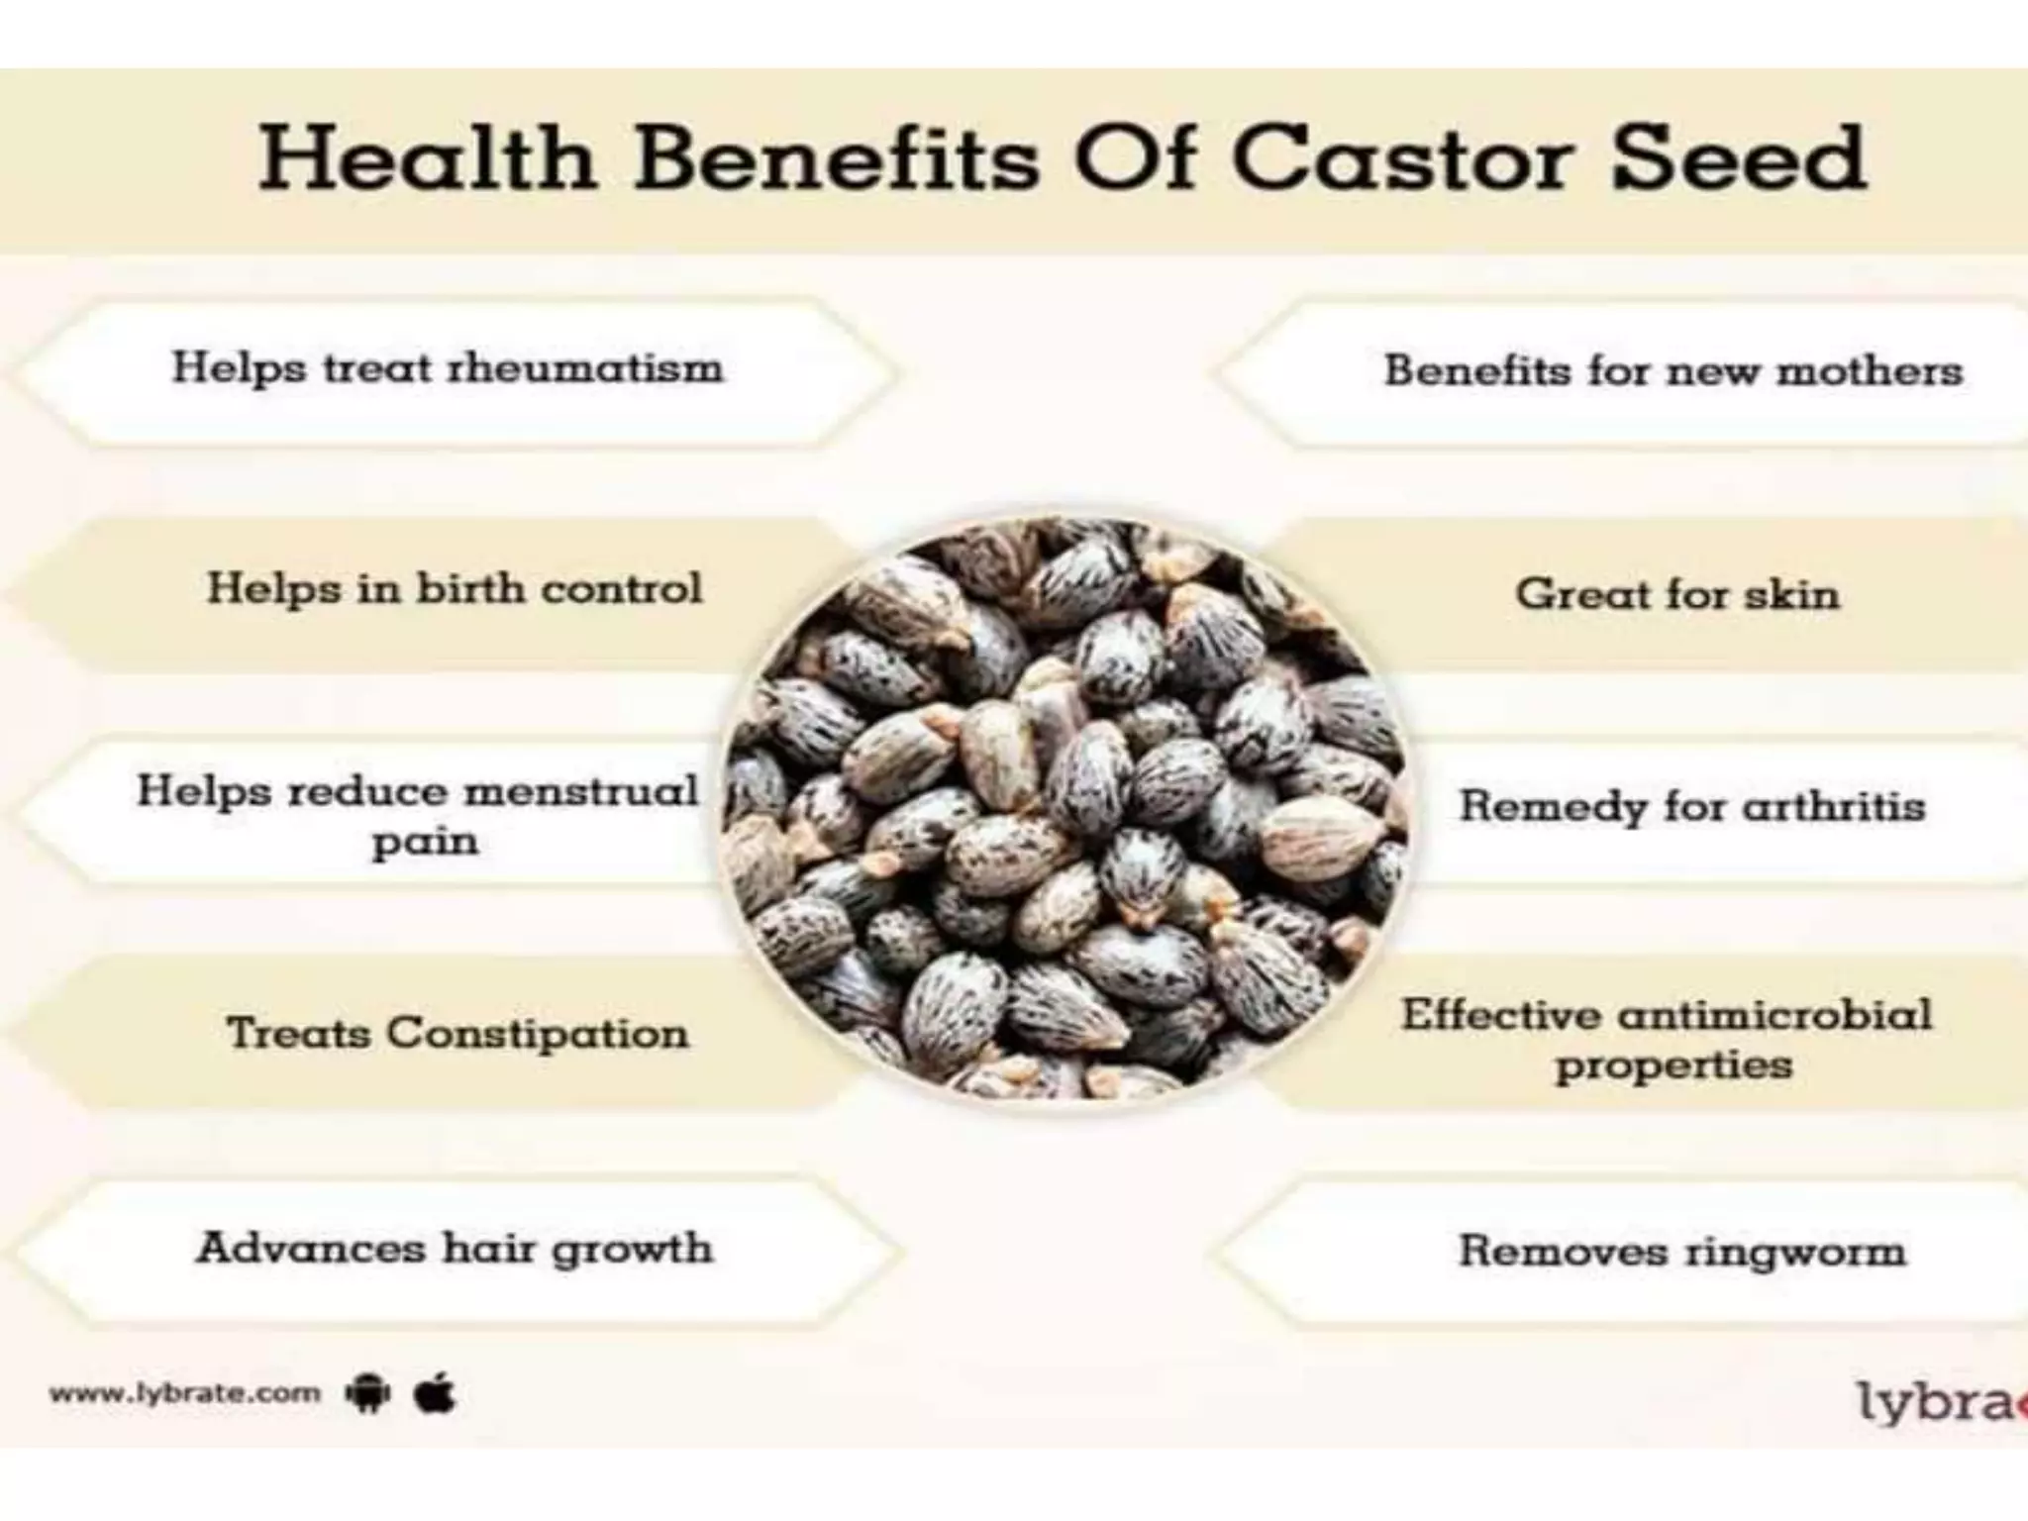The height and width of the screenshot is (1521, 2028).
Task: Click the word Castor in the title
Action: (x=1403, y=158)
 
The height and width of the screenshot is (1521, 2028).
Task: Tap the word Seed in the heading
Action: (x=1739, y=158)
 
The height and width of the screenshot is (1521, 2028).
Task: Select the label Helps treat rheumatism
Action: (x=448, y=369)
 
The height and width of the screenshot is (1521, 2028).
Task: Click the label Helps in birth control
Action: (x=455, y=589)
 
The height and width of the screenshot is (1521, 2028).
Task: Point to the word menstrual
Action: (x=581, y=792)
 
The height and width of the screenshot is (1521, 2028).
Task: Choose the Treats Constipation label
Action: (x=457, y=1034)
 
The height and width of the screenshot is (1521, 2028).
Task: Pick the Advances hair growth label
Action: (x=455, y=1249)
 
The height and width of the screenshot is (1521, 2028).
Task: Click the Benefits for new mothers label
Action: (x=1673, y=371)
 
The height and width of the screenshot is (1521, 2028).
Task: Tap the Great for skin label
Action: (x=1676, y=594)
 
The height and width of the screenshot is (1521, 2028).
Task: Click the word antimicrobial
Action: (x=1774, y=1015)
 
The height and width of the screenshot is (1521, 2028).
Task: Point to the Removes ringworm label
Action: (x=1681, y=1251)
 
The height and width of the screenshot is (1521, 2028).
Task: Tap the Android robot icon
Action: (x=368, y=1394)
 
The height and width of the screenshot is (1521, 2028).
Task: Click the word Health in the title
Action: (x=428, y=158)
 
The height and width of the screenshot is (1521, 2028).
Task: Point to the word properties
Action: (x=1673, y=1066)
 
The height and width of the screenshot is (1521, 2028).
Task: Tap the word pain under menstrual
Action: (x=425, y=842)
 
